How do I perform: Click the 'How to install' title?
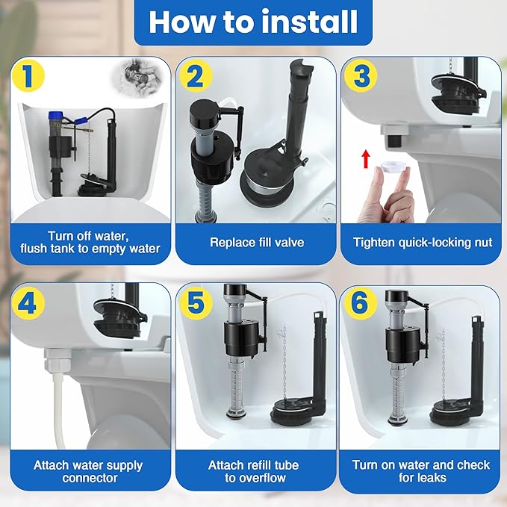[253, 22]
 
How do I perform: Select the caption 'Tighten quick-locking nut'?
[423, 242]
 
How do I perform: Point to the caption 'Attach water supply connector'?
[87, 471]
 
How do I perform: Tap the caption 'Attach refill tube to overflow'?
[253, 471]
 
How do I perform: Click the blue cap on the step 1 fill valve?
[53, 117]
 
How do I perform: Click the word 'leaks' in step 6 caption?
[445, 478]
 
